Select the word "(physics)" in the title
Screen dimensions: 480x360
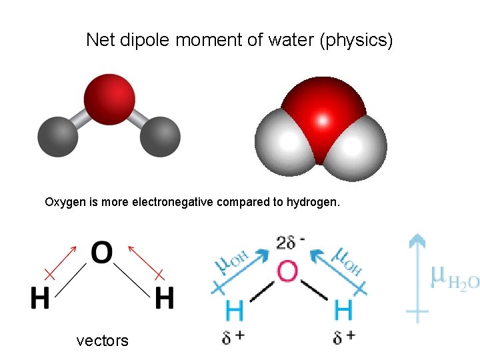tap(357, 41)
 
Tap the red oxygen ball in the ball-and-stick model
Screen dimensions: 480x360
tap(109, 99)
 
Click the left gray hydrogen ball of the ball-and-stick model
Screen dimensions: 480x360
tap(57, 136)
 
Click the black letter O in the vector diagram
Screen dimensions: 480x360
tap(101, 253)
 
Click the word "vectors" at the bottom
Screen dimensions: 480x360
tap(103, 341)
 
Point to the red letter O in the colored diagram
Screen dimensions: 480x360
tap(287, 272)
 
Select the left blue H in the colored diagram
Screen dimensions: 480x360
tap(234, 310)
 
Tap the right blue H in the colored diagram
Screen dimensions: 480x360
tap(343, 310)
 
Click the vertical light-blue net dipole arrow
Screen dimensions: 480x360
tap(417, 277)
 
